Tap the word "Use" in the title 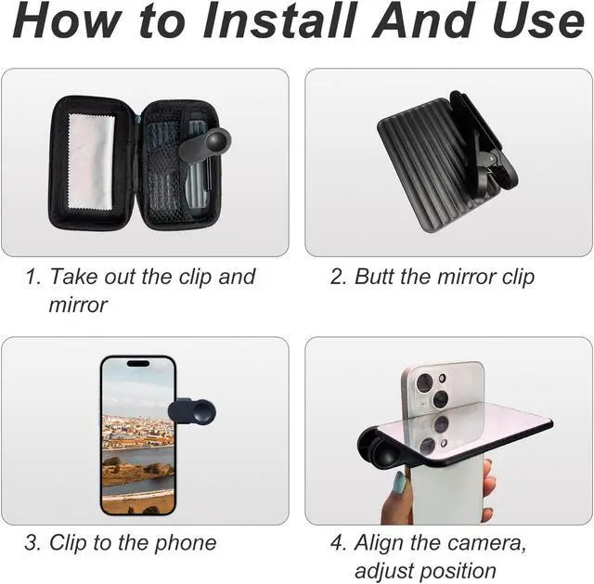536,22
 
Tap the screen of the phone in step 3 137,436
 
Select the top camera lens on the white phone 425,383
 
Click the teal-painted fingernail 399,482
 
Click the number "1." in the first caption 33,277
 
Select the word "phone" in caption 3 180,543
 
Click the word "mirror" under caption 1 78,305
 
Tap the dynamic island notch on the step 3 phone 137,364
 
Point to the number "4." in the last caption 338,543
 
